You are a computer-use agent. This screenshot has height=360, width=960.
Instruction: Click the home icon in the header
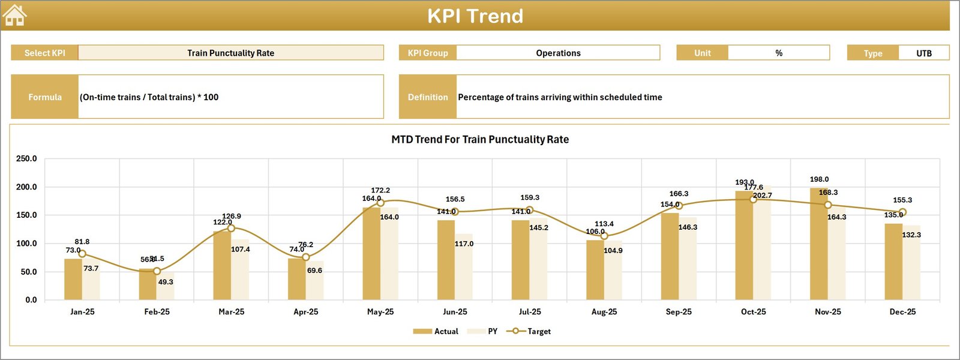click(14, 16)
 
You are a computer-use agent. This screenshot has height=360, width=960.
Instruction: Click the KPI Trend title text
click(475, 16)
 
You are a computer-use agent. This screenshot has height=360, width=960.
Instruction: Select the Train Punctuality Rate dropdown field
click(230, 53)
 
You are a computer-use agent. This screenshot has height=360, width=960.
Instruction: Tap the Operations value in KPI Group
click(558, 53)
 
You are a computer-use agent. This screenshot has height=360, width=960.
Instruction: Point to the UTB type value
click(923, 53)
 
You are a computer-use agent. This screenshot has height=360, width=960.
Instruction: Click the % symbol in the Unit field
click(779, 53)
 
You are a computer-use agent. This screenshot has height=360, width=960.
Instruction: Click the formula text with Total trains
click(149, 97)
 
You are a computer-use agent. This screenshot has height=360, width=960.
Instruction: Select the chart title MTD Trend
click(480, 139)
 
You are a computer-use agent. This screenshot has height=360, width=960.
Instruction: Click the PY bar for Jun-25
click(464, 266)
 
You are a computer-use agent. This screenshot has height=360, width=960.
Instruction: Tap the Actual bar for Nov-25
click(819, 244)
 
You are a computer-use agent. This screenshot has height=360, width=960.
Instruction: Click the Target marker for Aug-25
click(604, 236)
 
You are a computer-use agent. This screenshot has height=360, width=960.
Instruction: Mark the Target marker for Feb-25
click(157, 271)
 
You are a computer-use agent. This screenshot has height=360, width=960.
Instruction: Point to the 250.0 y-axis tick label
click(26, 159)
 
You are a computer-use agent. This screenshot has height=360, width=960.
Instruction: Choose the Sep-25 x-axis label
click(679, 312)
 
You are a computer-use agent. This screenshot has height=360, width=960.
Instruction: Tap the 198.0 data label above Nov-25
click(819, 179)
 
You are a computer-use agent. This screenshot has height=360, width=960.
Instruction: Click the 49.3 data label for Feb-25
click(166, 282)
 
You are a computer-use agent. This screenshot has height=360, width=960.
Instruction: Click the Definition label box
click(428, 97)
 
